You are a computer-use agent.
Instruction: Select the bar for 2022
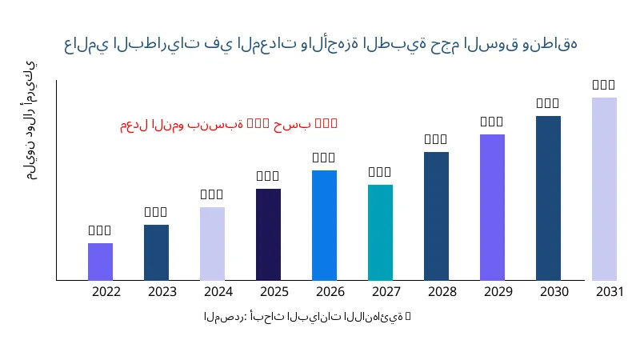[x=100, y=262]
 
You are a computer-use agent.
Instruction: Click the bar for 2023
[x=156, y=252]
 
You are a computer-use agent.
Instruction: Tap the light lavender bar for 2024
[x=212, y=243]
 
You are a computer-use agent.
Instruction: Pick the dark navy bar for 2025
[x=268, y=234]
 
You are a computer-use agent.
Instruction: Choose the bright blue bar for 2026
[x=324, y=225]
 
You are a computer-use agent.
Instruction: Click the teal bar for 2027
[x=380, y=232]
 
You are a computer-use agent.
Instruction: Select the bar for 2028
[x=436, y=216]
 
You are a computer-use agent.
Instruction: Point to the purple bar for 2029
[x=492, y=207]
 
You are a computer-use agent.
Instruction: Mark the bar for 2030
[x=548, y=198]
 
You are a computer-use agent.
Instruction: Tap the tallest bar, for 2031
[x=604, y=189]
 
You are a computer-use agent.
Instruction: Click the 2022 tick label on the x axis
[x=106, y=292]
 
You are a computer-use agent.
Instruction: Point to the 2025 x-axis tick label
[x=274, y=292]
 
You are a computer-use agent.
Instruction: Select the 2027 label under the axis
[x=386, y=292]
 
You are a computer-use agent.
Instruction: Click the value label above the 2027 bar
[x=380, y=172]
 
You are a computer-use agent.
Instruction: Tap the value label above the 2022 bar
[x=100, y=230]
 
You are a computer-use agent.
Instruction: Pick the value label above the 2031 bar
[x=604, y=85]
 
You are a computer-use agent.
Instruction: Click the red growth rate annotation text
[x=229, y=124]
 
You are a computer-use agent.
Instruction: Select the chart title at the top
[x=320, y=43]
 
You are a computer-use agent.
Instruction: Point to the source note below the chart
[x=307, y=317]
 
